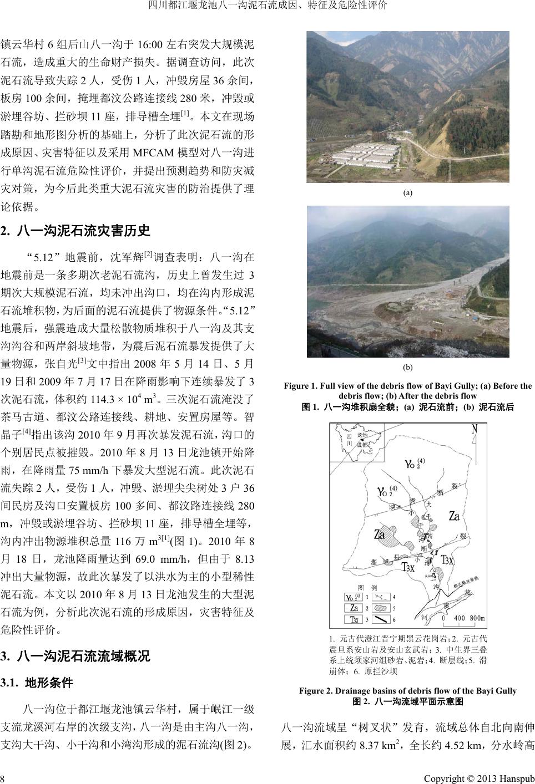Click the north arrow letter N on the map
pyautogui.click(x=475, y=429)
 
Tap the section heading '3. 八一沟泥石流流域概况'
pyautogui.click(x=76, y=657)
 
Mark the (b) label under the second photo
pyautogui.click(x=407, y=367)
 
